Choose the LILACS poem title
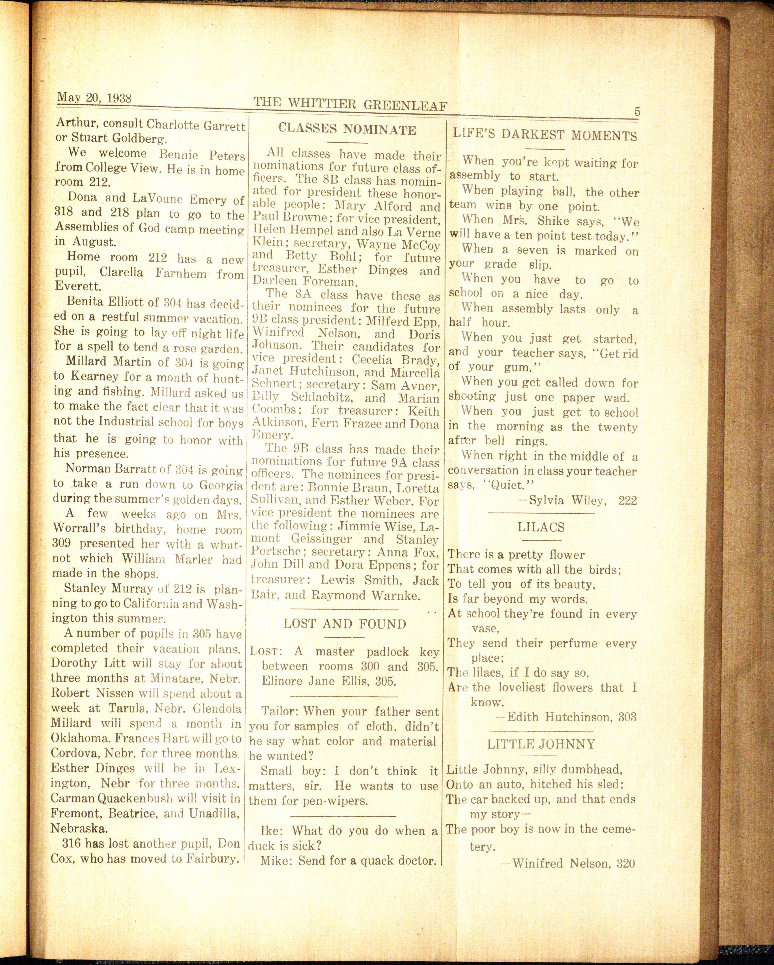click(541, 527)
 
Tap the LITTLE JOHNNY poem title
click(541, 744)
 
